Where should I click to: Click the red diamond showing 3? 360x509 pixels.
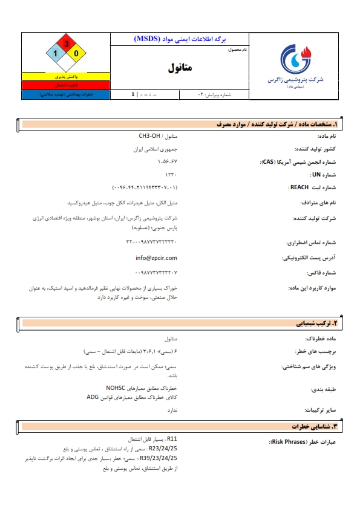click(x=66, y=44)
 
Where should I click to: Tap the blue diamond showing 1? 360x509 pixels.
click(x=56, y=54)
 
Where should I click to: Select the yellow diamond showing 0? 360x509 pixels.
click(x=76, y=54)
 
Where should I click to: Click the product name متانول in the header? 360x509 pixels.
click(x=181, y=68)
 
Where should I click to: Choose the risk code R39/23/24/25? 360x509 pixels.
click(x=160, y=459)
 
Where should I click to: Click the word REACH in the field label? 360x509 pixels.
click(x=299, y=187)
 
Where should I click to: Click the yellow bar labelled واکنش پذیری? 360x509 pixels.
click(x=66, y=77)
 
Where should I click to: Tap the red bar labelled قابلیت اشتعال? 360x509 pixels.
click(x=66, y=86)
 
